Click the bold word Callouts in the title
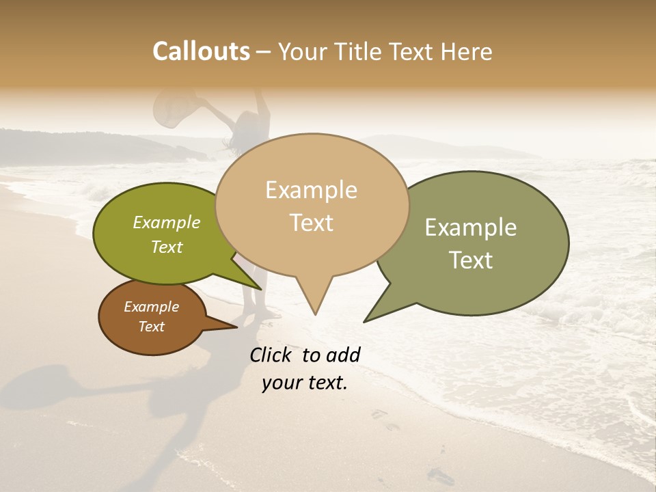pos(201,51)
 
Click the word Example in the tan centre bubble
pos(311,190)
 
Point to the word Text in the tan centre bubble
pos(311,223)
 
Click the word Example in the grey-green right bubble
pos(470,228)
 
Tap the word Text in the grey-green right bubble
pos(470,260)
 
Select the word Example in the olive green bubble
pos(166,222)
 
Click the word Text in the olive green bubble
pos(166,247)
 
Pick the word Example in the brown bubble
pos(151,307)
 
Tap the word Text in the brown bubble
pos(151,327)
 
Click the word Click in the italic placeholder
pos(271,355)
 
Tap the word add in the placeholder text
pos(343,355)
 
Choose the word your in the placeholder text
pos(281,383)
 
